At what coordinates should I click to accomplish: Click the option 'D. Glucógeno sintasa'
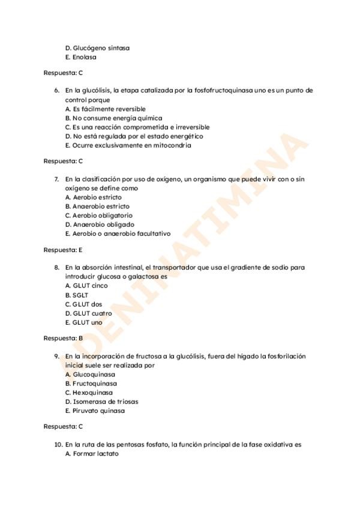97,48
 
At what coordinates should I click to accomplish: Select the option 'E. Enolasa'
81,58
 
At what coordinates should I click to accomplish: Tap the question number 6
56,91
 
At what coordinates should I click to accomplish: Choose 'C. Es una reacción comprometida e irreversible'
137,127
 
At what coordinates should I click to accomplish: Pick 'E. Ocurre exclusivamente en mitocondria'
128,145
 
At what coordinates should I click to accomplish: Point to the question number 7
56,179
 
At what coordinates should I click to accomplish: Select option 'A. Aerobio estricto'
93,197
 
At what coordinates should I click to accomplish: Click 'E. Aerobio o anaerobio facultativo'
118,233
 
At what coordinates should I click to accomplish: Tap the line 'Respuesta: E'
63,249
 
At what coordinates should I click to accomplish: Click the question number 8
56,267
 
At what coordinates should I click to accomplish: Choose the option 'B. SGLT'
77,295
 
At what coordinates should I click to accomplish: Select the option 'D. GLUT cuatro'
88,313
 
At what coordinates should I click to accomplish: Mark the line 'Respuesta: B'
63,338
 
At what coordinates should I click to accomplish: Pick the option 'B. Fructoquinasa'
91,384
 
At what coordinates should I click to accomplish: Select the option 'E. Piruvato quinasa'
95,411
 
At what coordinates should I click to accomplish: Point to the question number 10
58,445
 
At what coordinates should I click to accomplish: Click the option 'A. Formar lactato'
92,454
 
